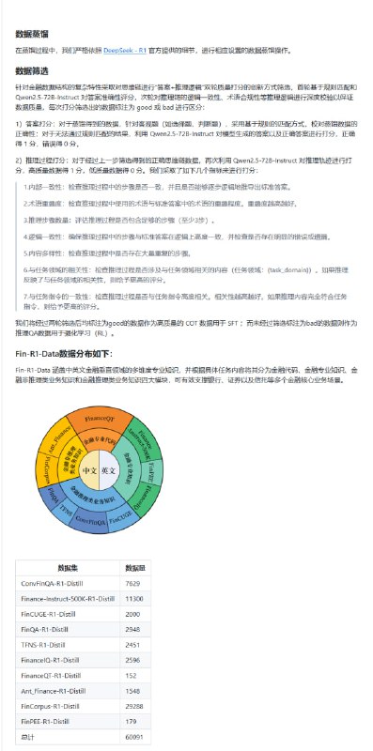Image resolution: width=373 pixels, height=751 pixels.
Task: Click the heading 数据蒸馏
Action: [32, 34]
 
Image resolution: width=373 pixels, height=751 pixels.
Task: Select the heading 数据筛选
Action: [32, 70]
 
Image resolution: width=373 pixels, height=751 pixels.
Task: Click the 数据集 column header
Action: [68, 569]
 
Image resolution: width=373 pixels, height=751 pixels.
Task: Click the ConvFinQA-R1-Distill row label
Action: [60, 583]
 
